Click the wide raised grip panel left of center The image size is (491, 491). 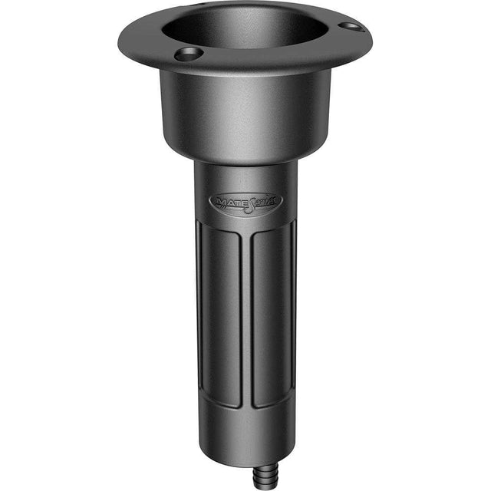pos(222,315)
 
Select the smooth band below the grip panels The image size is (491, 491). pos(245,433)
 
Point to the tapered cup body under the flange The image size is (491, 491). pos(245,115)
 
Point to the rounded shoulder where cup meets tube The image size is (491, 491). pos(245,157)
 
